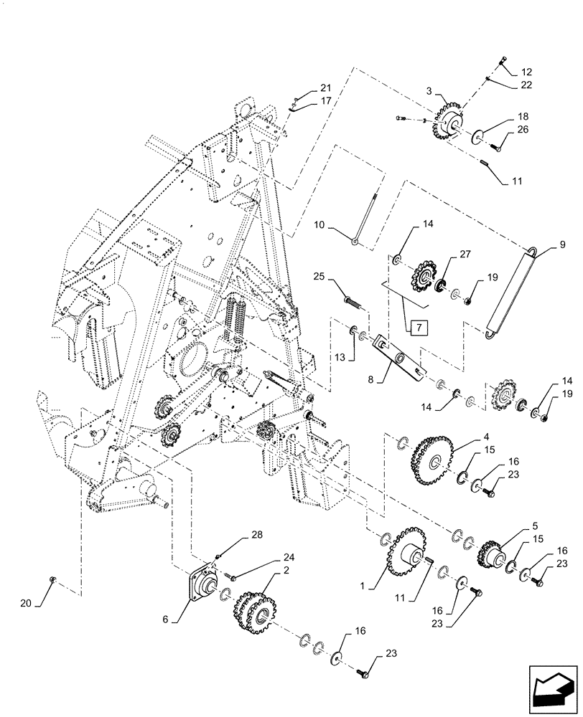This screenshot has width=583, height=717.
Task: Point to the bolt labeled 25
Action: (x=349, y=295)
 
